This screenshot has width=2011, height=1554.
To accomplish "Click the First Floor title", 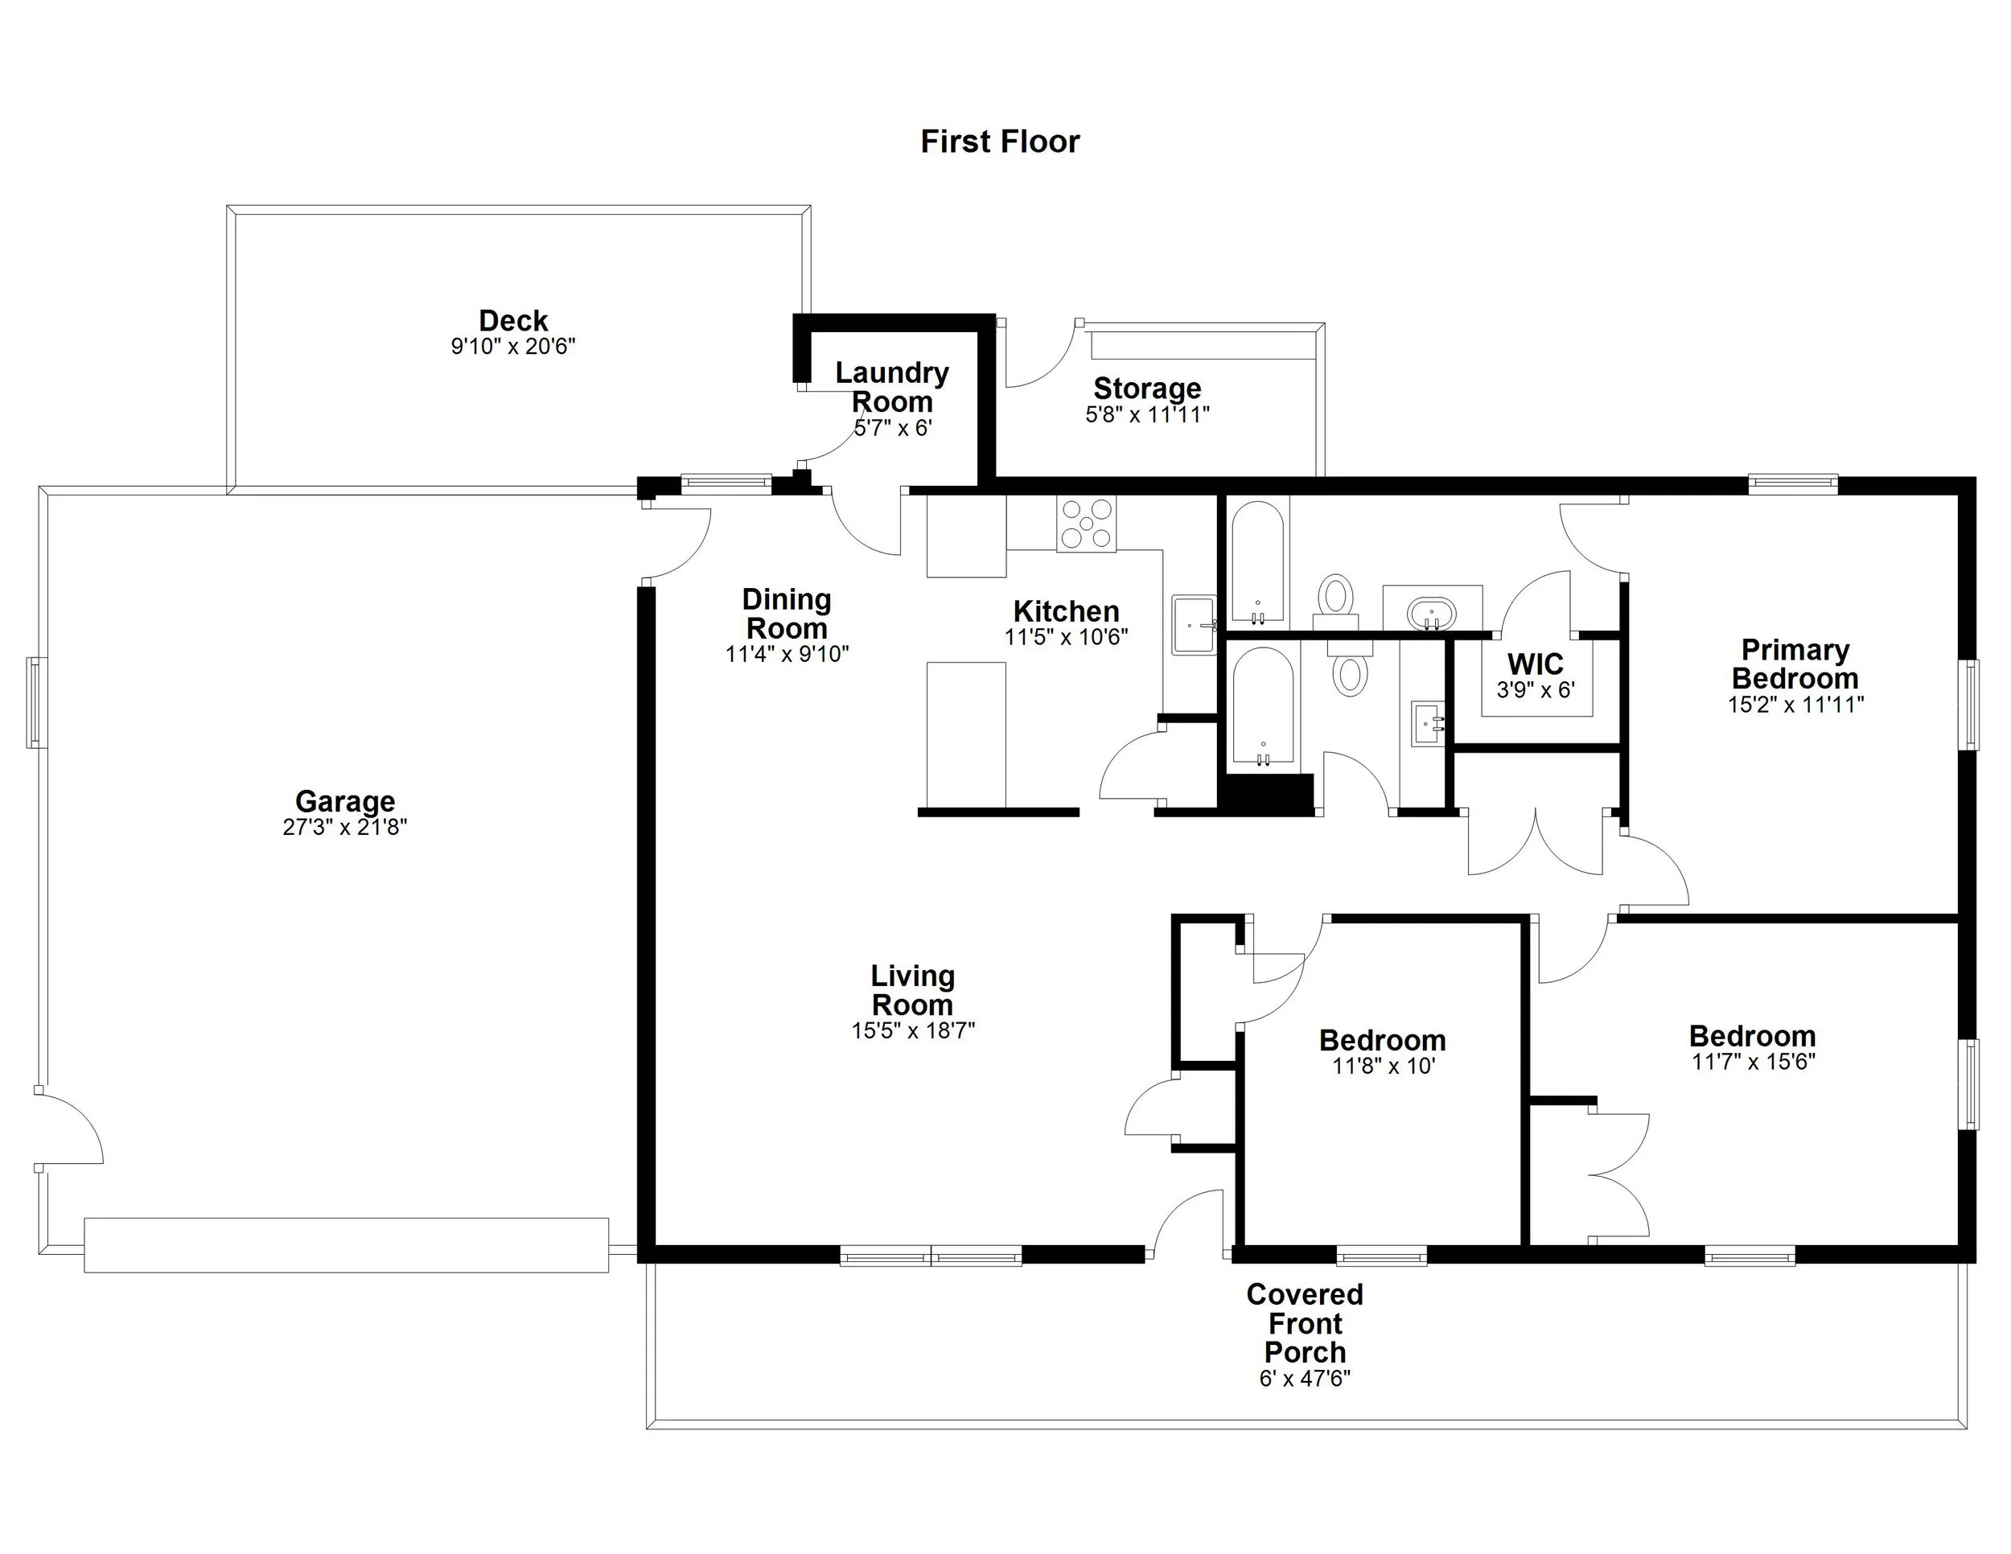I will [x=999, y=142].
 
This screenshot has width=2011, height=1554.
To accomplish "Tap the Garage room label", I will [x=344, y=801].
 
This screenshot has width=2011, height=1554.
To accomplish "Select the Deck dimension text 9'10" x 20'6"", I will [x=513, y=347].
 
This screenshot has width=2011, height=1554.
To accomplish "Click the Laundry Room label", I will [x=891, y=388].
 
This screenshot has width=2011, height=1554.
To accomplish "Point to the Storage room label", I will [x=1146, y=388].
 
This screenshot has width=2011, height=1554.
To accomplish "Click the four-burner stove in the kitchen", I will [x=1086, y=524].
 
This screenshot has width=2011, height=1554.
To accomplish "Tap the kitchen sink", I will [x=1195, y=625].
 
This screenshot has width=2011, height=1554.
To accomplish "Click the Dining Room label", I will [x=787, y=614].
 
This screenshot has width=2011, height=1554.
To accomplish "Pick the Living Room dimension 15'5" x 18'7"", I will [x=912, y=1031].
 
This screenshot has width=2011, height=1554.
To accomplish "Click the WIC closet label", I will [x=1535, y=664].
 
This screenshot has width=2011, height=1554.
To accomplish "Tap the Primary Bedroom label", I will [x=1795, y=664].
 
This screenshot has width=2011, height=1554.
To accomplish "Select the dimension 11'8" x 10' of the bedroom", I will [x=1383, y=1067].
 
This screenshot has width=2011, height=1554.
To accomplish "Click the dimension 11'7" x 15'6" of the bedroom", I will [x=1752, y=1063].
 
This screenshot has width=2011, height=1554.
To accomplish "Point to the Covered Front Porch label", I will [x=1305, y=1323].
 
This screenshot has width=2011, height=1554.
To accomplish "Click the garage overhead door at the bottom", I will [x=346, y=1244].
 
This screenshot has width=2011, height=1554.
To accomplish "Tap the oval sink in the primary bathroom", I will [x=1431, y=611].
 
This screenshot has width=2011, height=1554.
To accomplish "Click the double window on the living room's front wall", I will [x=931, y=1256].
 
